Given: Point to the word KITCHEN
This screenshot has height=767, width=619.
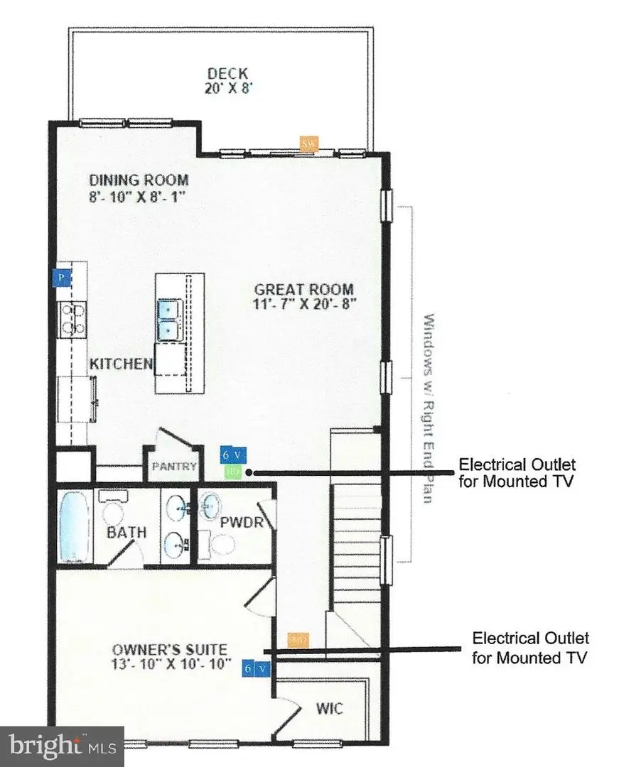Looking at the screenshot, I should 121,364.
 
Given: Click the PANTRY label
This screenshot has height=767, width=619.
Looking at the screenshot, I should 171,467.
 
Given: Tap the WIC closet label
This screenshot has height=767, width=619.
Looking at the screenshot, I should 329,708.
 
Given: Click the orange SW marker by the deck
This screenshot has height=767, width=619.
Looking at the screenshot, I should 308,143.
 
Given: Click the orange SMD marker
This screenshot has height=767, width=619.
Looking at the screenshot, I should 298,639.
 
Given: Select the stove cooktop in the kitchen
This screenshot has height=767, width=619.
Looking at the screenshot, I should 72,317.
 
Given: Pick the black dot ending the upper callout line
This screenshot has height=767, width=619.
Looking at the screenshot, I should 249,471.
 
